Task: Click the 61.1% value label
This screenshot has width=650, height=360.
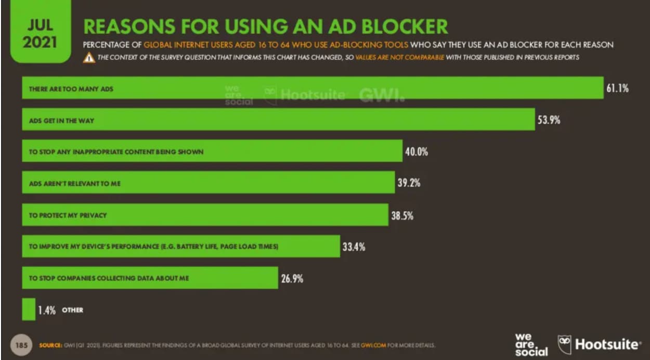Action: coord(617,88)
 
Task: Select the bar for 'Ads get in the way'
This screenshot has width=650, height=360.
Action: coord(278,120)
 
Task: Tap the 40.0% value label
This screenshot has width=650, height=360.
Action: coord(417,152)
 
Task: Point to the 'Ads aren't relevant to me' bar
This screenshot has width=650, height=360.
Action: coord(208,183)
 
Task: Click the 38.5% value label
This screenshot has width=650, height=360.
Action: coord(402,215)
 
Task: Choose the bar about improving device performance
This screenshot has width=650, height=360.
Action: coord(180,247)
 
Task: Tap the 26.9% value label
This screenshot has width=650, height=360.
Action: coord(292,278)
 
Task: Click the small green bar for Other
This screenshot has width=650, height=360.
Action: coord(28,309)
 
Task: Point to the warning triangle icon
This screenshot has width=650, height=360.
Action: coord(89,58)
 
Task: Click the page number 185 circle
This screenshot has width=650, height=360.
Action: coord(20,344)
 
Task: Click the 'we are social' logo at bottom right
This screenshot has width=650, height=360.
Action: coord(531,344)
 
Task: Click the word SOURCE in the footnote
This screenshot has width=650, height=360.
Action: coord(50,345)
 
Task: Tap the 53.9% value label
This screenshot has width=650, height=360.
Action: coord(549,120)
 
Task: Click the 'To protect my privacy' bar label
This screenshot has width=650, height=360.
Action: coord(68,215)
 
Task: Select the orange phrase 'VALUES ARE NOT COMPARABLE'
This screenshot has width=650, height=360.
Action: coord(400,57)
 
